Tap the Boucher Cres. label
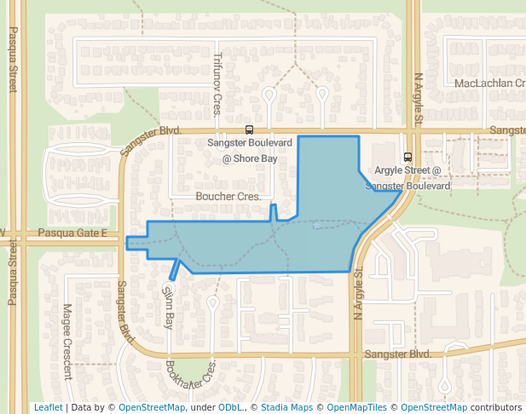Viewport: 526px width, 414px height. [228, 197]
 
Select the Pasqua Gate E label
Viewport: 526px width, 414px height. [72, 233]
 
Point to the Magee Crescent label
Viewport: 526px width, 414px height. [67, 341]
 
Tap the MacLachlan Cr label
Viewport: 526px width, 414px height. [488, 83]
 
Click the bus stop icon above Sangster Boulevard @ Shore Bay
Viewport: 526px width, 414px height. [249, 130]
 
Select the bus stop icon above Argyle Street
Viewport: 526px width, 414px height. [408, 157]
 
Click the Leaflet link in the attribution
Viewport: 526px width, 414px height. [48, 407]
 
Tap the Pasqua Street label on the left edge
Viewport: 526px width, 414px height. [13, 59]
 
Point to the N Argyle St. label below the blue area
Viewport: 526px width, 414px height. [358, 294]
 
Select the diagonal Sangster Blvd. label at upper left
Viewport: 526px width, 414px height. [152, 141]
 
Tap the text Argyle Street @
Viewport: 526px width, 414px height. [407, 170]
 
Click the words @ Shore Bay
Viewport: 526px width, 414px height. [250, 158]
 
